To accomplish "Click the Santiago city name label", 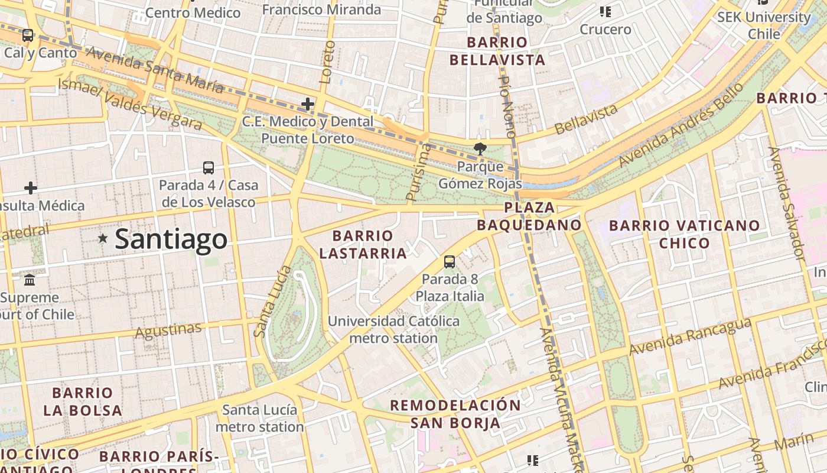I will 171,239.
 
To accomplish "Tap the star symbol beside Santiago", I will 103,238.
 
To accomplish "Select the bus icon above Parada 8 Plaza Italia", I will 450,261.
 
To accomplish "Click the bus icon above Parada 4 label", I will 209,167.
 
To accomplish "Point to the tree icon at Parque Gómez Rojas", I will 480,149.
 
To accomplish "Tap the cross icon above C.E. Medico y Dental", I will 307,105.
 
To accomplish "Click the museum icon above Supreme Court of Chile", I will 30,280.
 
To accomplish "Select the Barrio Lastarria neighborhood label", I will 363,244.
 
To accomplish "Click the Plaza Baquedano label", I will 529,216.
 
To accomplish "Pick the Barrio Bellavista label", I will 497,51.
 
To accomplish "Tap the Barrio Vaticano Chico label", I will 684,234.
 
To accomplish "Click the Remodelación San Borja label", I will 455,414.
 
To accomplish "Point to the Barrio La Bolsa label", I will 83,401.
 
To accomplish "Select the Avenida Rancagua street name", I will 689,337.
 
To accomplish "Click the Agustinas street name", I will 168,331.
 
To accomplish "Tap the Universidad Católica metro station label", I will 393,329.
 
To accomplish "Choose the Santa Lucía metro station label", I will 260,418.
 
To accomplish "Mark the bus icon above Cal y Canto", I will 28,35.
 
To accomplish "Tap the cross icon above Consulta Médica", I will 31,188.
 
